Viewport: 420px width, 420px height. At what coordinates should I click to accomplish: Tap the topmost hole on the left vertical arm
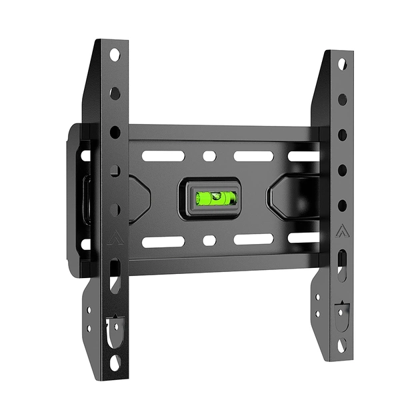pos(114,53)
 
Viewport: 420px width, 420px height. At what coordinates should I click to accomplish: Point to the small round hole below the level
pos(209,240)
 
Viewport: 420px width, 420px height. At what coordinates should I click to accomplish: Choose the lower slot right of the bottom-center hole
pos(253,239)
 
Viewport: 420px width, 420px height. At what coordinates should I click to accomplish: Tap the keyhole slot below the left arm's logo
pos(115,278)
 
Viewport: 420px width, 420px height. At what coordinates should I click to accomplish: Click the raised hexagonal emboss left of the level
pos(141,198)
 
